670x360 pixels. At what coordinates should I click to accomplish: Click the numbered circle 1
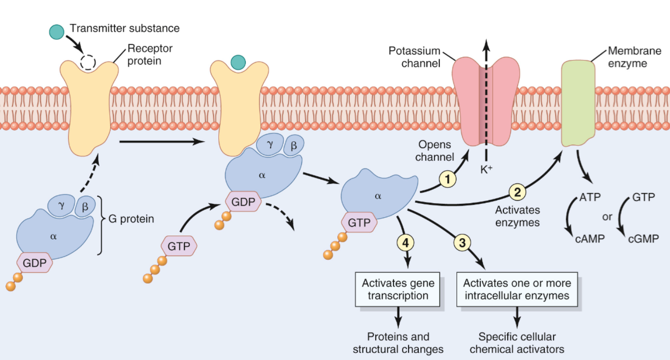coord(447,178)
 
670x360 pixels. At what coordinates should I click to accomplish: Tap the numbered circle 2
coord(516,191)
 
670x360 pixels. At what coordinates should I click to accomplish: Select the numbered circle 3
coord(462,242)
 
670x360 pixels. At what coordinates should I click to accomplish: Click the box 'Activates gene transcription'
coord(398,289)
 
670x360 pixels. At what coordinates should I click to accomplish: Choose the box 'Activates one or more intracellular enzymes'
coord(517,289)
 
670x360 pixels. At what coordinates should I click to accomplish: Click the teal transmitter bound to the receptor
coord(238,62)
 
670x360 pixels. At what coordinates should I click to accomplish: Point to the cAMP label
coord(589,239)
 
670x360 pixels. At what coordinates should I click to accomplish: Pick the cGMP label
coord(643,239)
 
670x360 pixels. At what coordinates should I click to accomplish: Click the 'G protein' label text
coord(131,218)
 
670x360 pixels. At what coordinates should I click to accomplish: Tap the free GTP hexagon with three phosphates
coord(179,246)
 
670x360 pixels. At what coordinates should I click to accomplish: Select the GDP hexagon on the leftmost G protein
coord(35,263)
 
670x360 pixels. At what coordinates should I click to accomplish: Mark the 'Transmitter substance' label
coord(125,28)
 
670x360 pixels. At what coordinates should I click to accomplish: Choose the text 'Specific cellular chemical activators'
coord(517,343)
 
